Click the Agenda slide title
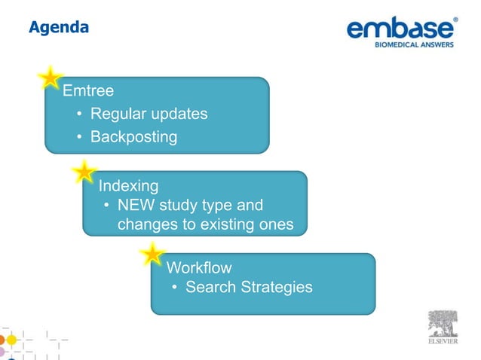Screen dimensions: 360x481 (59, 28)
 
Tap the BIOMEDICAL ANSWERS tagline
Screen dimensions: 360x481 (415, 44)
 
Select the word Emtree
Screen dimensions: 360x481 (88, 91)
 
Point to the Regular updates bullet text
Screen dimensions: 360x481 (149, 114)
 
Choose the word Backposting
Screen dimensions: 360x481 (133, 137)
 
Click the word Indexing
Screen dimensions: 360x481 (128, 185)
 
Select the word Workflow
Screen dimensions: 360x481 (198, 267)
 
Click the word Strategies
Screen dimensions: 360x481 (276, 287)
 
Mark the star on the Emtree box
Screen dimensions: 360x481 (50, 78)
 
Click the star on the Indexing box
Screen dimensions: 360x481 (84, 172)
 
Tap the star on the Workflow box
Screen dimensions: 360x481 (153, 255)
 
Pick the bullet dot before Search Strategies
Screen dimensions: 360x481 (175, 288)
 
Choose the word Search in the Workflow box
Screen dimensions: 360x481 (210, 287)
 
